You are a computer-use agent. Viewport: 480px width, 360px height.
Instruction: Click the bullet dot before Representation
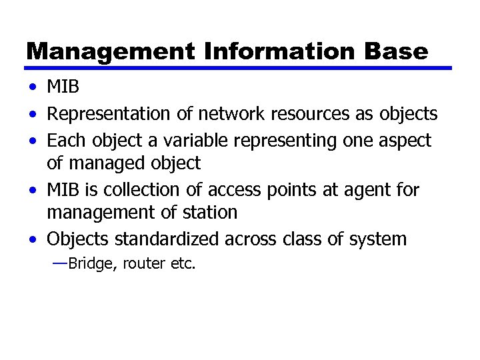pyautogui.click(x=33, y=114)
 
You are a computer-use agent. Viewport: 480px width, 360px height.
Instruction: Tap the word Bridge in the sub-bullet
pyautogui.click(x=91, y=264)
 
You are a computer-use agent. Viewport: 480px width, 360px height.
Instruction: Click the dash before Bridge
pyautogui.click(x=59, y=263)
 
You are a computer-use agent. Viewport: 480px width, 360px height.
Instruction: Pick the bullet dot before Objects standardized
pyautogui.click(x=33, y=239)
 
